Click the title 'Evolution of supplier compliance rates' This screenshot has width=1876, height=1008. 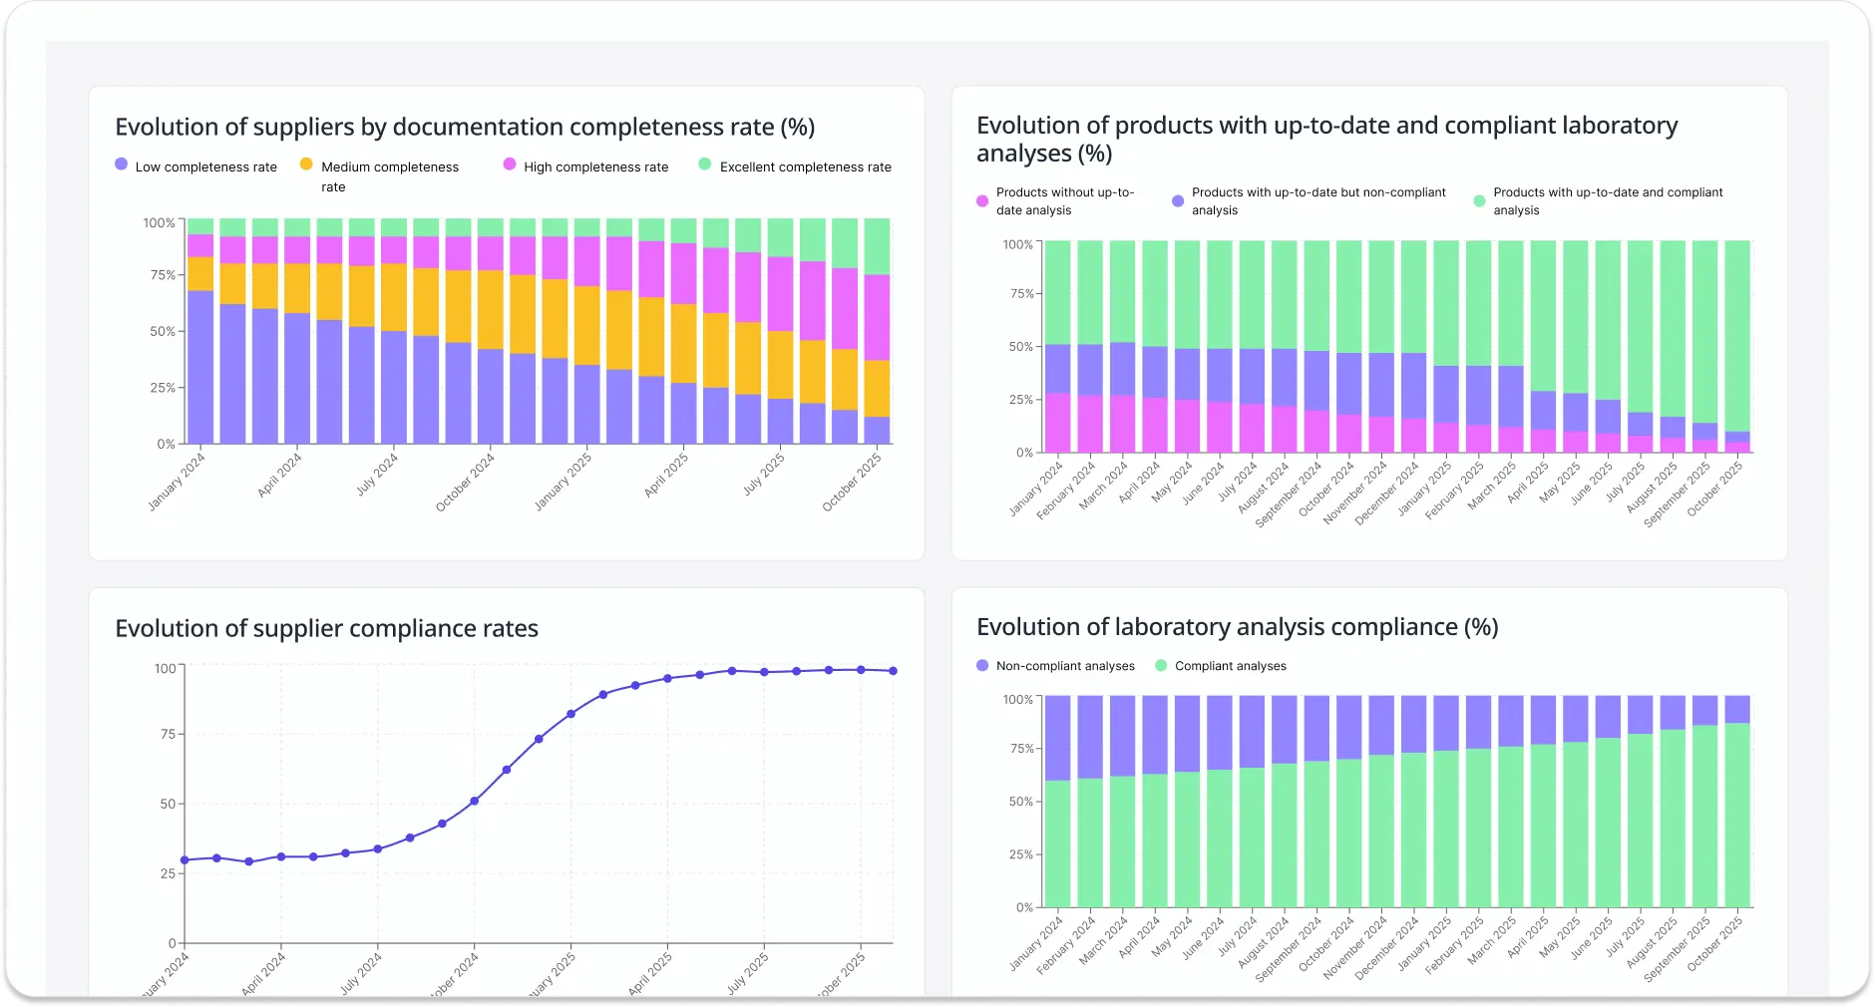click(326, 628)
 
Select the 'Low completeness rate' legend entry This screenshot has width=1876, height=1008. click(205, 167)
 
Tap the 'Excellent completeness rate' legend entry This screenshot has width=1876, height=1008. click(805, 167)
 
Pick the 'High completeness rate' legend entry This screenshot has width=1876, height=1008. click(595, 167)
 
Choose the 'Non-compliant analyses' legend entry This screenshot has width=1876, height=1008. click(1064, 666)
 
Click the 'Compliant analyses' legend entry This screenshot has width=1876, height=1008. click(1230, 666)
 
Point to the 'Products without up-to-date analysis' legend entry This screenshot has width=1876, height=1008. click(1064, 201)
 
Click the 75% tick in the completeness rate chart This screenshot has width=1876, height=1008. click(162, 275)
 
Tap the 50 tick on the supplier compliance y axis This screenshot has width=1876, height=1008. click(167, 804)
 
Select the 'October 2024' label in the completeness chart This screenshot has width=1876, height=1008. click(466, 483)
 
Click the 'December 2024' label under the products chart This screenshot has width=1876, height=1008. click(1387, 493)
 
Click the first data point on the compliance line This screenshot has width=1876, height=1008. click(185, 859)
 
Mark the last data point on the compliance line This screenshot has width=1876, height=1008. click(893, 671)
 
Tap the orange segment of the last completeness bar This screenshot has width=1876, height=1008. click(877, 389)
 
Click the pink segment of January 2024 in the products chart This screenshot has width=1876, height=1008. click(1057, 423)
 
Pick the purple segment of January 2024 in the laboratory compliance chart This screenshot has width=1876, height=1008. click(1057, 738)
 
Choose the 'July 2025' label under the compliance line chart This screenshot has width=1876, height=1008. click(748, 973)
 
